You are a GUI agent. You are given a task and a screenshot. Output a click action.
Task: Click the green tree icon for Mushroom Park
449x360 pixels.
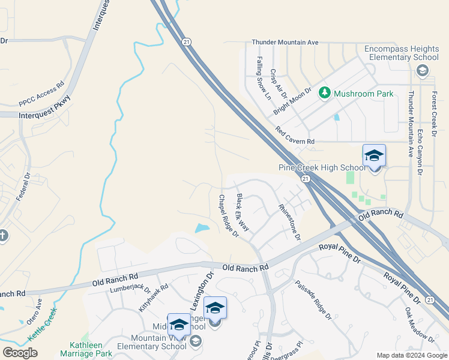[325, 93]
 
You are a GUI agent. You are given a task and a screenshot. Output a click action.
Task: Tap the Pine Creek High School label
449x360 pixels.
[322, 167]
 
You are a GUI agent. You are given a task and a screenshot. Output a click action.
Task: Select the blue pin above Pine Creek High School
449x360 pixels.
[374, 155]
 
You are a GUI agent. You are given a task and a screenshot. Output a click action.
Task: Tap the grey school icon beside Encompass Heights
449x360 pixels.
[422, 71]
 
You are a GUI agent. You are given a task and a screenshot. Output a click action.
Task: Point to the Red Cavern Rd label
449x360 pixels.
[295, 136]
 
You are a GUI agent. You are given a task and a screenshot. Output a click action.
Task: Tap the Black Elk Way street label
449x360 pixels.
[243, 213]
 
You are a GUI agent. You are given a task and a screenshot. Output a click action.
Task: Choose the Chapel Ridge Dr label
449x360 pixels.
[229, 215]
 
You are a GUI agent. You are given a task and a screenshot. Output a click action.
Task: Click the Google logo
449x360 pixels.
[20, 353]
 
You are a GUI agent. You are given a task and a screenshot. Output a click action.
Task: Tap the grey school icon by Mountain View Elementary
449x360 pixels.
[195, 341]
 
